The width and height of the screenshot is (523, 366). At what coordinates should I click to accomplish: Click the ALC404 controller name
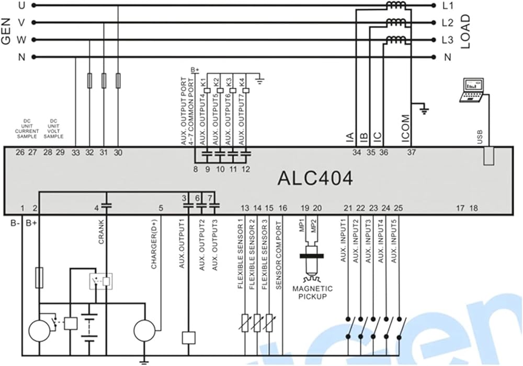315,178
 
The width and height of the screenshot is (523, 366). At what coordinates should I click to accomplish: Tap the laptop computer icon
471,90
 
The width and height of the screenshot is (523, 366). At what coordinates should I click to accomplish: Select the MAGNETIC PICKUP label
313,292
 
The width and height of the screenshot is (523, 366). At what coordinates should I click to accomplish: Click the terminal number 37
412,152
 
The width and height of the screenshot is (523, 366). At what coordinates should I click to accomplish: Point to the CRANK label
101,232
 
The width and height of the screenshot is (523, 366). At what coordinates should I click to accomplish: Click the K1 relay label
204,81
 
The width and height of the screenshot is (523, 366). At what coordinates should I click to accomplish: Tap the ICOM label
405,128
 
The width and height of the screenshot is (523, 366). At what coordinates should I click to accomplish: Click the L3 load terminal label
447,40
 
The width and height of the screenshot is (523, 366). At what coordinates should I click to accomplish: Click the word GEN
6,31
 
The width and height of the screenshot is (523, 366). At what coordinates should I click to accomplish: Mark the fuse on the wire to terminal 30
118,80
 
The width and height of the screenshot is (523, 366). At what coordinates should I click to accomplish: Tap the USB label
480,137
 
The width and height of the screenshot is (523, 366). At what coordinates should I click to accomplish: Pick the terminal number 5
161,208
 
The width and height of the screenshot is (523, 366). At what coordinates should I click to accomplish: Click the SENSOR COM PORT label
279,255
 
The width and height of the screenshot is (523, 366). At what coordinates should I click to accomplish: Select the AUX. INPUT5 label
394,241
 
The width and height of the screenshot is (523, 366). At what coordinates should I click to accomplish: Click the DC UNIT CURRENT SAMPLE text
27,129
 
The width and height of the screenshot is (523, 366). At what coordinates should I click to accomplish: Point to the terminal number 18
474,208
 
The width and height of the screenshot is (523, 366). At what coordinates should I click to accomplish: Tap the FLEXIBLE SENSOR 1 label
240,256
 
